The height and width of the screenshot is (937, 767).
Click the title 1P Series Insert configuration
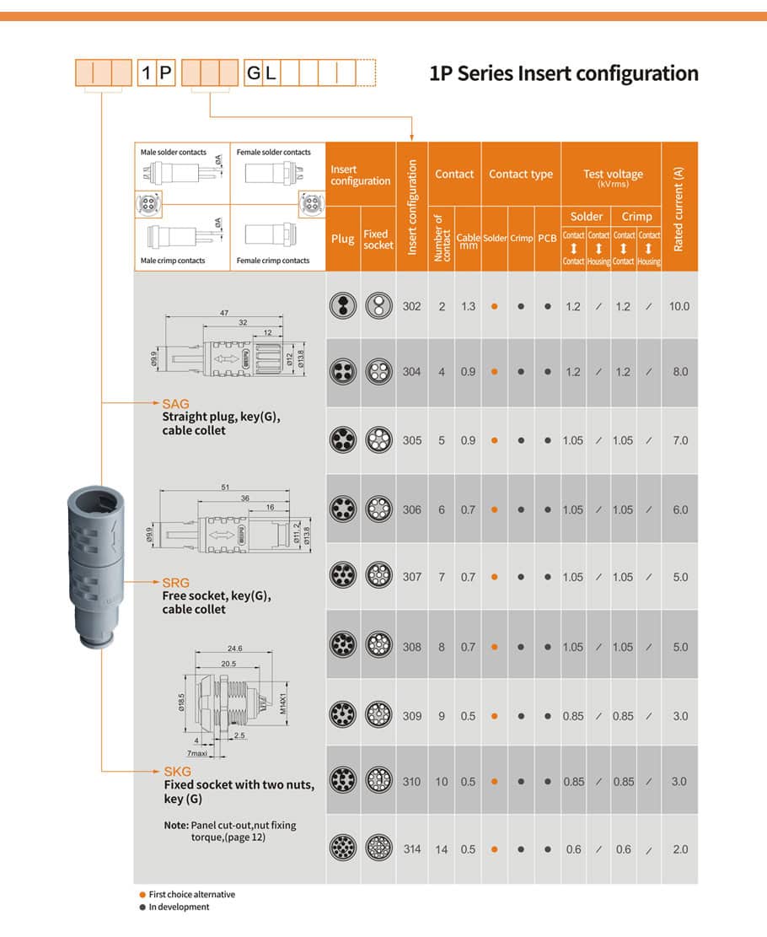coord(564,73)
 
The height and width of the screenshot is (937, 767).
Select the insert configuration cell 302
coord(411,306)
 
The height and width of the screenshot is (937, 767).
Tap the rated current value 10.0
coord(679,306)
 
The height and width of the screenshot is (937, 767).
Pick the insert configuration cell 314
coord(411,849)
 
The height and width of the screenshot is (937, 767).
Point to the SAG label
coord(176,404)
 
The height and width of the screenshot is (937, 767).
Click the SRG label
coord(176,583)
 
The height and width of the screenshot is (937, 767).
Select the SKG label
coord(177,772)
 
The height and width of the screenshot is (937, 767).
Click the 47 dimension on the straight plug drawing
coord(224,313)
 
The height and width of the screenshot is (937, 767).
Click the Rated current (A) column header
coord(679,207)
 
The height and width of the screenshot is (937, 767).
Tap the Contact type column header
coord(521,175)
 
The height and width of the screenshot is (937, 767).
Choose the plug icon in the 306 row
coord(342,509)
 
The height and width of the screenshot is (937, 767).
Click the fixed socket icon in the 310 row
coord(378,781)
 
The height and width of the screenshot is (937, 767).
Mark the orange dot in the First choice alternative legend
coord(142,895)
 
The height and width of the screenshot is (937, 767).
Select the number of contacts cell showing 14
coord(442,849)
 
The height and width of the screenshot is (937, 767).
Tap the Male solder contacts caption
coord(173,153)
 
